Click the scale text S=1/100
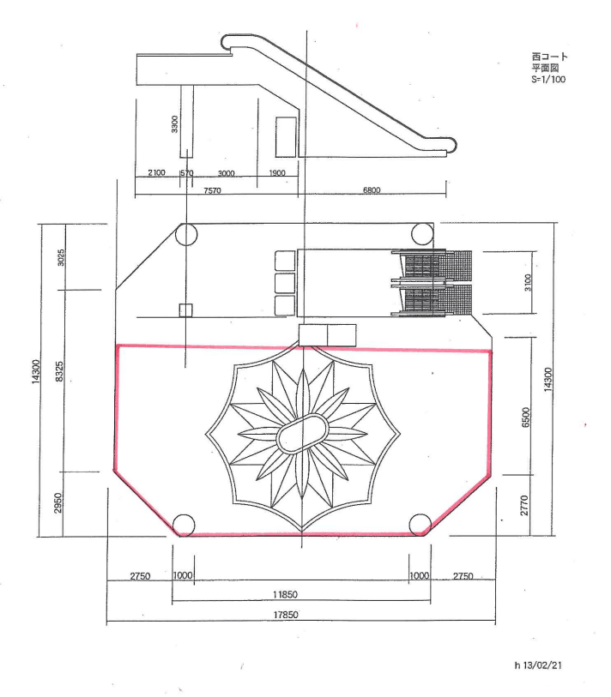548,80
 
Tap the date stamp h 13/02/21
538,665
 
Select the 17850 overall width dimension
286,615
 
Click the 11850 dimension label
285,594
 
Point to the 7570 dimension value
212,190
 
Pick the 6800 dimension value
372,190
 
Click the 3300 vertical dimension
175,124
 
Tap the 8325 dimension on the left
59,371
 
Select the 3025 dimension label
61,257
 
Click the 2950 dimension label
58,502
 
